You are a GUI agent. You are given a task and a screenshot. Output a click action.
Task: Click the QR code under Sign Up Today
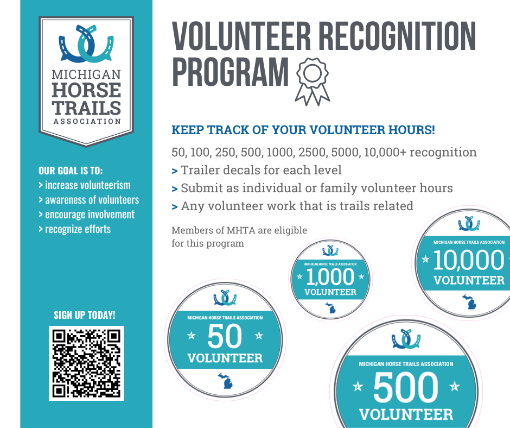[86, 363]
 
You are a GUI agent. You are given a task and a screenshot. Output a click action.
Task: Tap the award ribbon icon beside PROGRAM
[313, 81]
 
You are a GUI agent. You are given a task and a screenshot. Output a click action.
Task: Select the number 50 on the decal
[225, 336]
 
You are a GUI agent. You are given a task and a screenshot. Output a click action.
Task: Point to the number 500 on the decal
[406, 387]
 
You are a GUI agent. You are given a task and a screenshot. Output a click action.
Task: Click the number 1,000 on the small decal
[330, 277]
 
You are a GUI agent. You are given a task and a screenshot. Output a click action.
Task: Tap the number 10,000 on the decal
[469, 260]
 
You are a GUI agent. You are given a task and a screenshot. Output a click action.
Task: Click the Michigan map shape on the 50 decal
[225, 381]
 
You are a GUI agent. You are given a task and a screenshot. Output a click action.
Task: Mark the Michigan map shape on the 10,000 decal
[469, 302]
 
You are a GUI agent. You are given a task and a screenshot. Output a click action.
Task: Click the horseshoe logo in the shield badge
[86, 43]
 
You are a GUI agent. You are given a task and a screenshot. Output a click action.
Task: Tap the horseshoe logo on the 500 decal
[406, 339]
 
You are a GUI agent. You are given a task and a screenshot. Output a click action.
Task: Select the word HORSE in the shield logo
[86, 90]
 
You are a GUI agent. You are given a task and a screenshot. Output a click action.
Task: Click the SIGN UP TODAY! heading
[85, 315]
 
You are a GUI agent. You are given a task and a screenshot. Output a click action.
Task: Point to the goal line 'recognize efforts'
[78, 229]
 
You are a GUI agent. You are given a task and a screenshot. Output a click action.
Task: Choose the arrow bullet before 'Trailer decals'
[175, 171]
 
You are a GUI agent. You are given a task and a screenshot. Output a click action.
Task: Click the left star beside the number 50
[191, 335]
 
